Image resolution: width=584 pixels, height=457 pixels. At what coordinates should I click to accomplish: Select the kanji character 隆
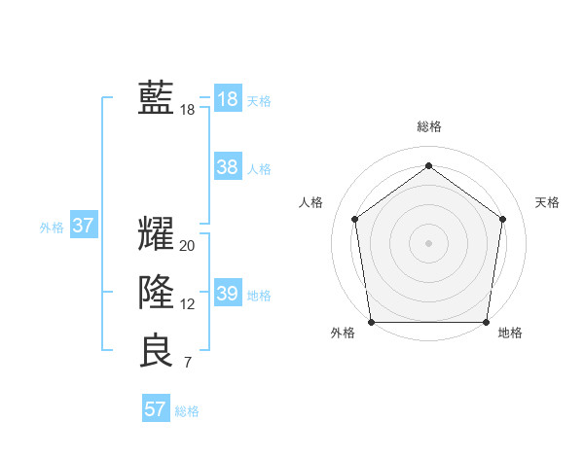point(156,292)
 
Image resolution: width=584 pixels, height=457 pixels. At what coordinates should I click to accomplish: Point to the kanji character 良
point(156,351)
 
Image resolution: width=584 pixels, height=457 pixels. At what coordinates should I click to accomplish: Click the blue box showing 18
point(227,99)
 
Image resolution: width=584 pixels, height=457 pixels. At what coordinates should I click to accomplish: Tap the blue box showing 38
point(227,167)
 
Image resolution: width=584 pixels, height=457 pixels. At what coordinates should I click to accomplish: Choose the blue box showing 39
point(227,294)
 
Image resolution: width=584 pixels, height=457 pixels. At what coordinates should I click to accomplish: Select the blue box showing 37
point(83,227)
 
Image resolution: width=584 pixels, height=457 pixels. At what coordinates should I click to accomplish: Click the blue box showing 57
point(156,409)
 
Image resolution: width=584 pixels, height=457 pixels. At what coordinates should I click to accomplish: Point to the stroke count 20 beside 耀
point(187,246)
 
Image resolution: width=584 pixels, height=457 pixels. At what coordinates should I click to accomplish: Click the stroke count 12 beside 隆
point(187,304)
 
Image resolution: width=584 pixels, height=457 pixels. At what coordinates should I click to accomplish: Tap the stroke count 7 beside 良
point(187,364)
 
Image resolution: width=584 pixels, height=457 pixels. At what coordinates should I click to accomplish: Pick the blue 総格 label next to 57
point(187,411)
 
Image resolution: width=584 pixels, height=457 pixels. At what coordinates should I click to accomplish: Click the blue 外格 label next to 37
point(52,228)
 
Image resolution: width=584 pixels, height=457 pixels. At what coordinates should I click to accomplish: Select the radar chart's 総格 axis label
point(428,126)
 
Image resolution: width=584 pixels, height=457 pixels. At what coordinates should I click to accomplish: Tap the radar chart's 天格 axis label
point(547,202)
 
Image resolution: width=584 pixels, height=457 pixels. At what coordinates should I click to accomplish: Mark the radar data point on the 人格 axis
point(354,219)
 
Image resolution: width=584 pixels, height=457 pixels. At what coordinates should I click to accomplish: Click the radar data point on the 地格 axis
point(487,322)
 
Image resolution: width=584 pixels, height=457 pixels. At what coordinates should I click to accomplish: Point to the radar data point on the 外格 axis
point(371,322)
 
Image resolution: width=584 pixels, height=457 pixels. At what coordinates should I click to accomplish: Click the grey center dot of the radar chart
point(428,242)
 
